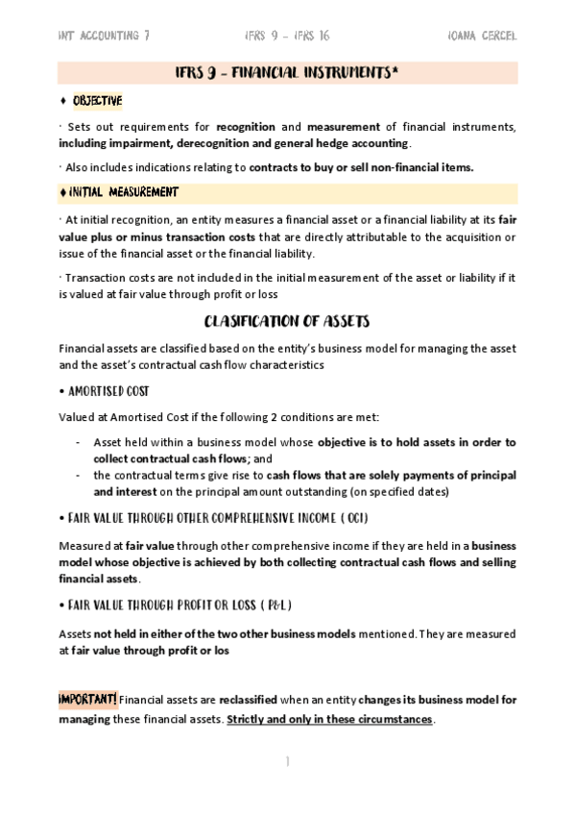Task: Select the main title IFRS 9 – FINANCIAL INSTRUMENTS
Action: (287, 73)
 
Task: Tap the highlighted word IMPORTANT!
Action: (88, 699)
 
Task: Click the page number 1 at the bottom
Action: (287, 761)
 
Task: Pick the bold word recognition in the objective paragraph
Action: (246, 127)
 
